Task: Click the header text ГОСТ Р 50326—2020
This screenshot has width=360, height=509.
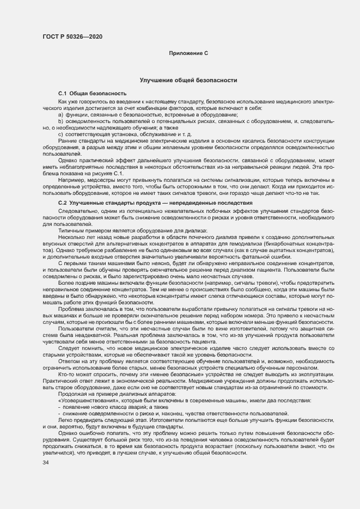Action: click(72, 36)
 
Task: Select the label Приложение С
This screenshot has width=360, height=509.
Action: click(188, 53)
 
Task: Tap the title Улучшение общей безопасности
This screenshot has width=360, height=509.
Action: click(188, 79)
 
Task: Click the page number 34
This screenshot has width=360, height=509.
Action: click(46, 462)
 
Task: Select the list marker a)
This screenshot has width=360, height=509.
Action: click(61, 115)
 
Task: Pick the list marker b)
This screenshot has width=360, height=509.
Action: click(61, 121)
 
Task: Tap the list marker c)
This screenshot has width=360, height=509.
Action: click(61, 134)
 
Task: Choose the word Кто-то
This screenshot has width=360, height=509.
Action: click(65, 375)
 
